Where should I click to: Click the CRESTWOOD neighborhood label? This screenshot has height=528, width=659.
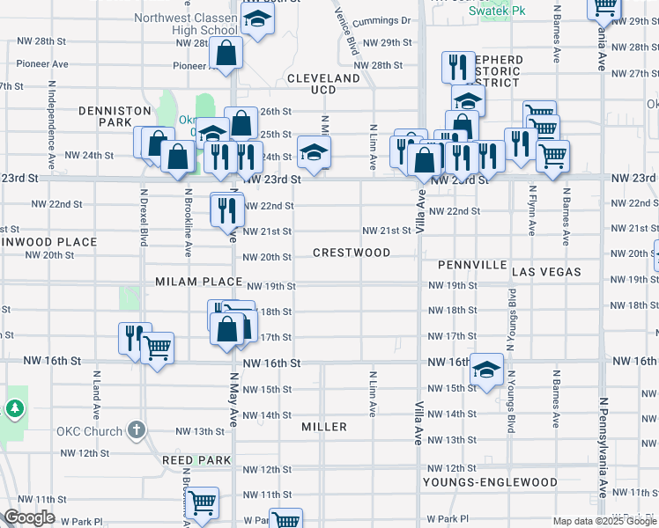pos(352,253)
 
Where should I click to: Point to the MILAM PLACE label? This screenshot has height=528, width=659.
pos(198,282)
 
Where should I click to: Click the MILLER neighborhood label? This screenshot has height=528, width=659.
pos(323,427)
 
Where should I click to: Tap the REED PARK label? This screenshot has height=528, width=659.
pos(196,460)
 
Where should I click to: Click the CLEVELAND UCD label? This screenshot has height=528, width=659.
pos(323,84)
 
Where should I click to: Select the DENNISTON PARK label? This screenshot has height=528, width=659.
pos(115,117)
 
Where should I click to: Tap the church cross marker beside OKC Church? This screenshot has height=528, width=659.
pos(135,430)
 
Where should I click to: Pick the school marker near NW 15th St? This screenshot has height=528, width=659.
pos(485,370)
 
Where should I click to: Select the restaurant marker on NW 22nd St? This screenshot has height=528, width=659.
pos(226,209)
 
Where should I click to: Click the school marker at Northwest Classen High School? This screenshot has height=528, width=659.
pos(256,20)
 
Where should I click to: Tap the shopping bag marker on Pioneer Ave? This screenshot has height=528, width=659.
pos(226,53)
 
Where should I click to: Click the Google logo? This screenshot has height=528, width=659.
pos(29,517)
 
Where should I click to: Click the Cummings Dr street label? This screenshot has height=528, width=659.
pos(381,20)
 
